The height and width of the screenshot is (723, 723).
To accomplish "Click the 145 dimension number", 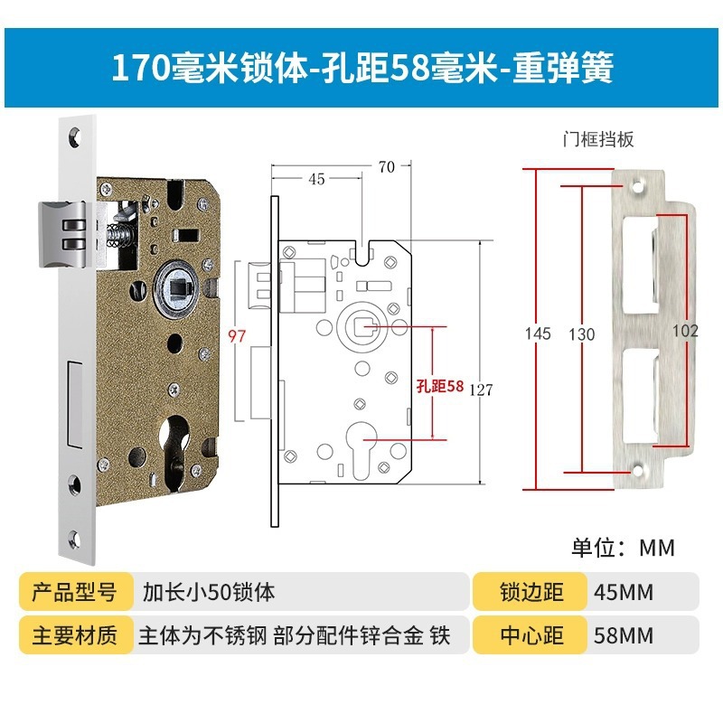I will point(538,333).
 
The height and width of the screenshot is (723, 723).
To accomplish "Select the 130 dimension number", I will point(582,333).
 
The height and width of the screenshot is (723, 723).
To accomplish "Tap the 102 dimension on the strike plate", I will point(685,331).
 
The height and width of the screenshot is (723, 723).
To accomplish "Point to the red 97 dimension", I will point(237,336).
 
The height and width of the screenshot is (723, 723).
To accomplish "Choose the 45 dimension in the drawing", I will point(316,179).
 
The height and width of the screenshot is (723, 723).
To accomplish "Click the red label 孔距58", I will point(440,385).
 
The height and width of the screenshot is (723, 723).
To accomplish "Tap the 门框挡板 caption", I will point(598,139).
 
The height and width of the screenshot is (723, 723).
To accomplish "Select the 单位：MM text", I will point(623,548).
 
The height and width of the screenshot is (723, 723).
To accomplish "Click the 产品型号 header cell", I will point(74,593).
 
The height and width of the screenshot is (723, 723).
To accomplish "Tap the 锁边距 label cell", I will point(531,593).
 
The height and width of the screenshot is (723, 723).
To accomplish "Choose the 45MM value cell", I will point(624,593).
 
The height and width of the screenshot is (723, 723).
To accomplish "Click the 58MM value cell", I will point(624,635).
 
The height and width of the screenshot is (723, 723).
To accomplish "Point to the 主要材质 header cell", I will point(74,635).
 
